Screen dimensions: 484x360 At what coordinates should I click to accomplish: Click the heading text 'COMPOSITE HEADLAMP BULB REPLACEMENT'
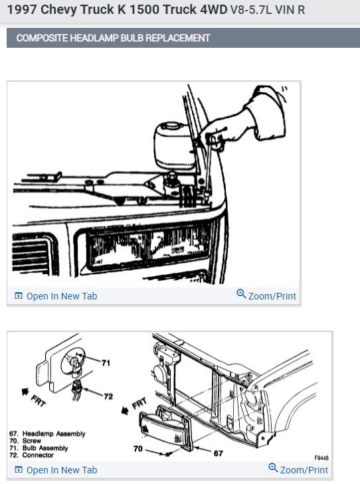coord(113,38)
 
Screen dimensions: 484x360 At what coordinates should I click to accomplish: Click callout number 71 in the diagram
coord(105,363)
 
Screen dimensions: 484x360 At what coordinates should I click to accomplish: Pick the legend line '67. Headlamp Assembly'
coord(48,434)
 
